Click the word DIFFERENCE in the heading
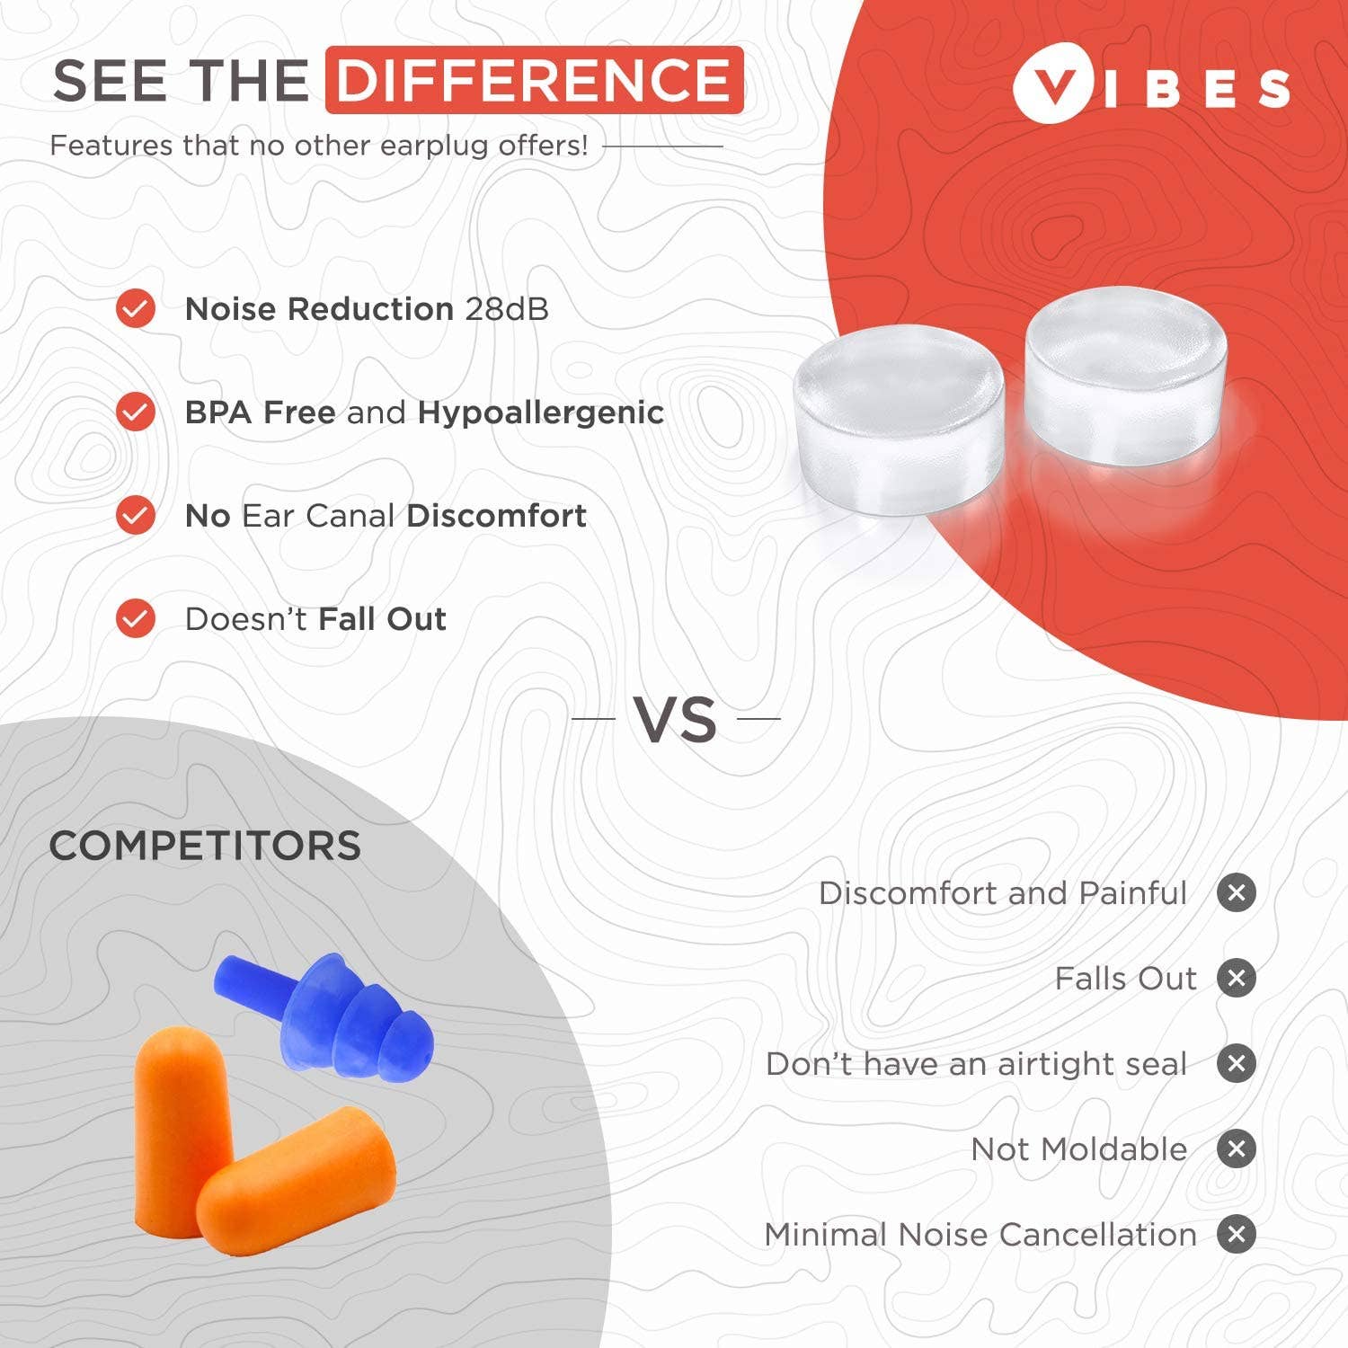coord(534,80)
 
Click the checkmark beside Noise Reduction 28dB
coord(136,309)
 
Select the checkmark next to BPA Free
coord(136,412)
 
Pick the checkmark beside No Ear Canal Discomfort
coord(136,516)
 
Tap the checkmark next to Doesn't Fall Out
coord(136,619)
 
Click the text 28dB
coord(507,309)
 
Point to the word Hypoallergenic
coord(540,412)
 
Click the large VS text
coord(676,720)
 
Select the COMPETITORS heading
coord(205,847)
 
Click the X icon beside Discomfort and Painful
coord(1237,893)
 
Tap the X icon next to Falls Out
coord(1237,979)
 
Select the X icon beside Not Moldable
coord(1237,1149)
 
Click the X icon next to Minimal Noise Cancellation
coord(1237,1235)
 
